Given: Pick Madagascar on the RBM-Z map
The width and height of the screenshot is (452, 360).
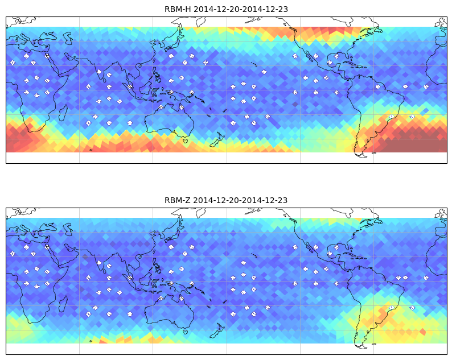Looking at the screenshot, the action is (x=63, y=304).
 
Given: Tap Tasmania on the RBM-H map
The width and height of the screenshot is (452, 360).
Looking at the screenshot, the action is (x=185, y=141).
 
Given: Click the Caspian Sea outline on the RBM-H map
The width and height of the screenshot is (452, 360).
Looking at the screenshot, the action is (x=68, y=38).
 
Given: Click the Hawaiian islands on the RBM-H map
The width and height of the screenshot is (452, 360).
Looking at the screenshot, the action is (x=254, y=64).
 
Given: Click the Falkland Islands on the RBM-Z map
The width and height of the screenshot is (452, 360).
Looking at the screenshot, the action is (x=374, y=344).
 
